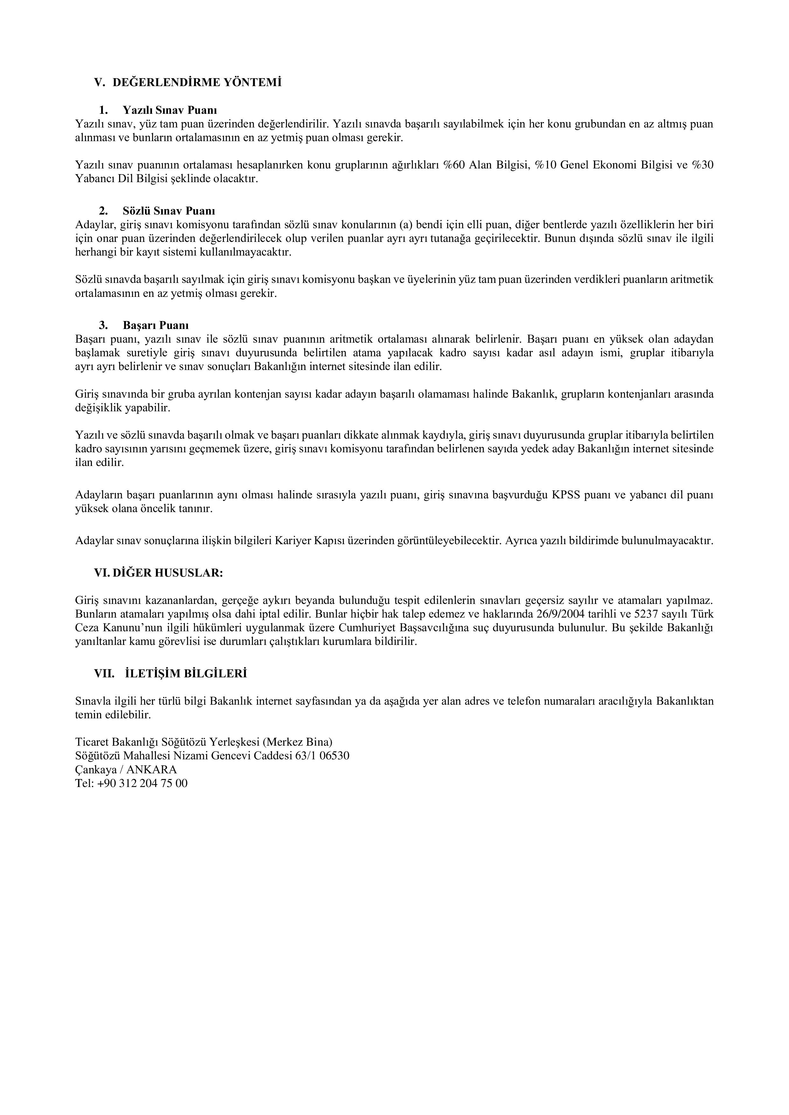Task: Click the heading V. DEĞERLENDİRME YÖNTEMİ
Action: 188,83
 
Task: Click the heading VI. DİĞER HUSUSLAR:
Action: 158,572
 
